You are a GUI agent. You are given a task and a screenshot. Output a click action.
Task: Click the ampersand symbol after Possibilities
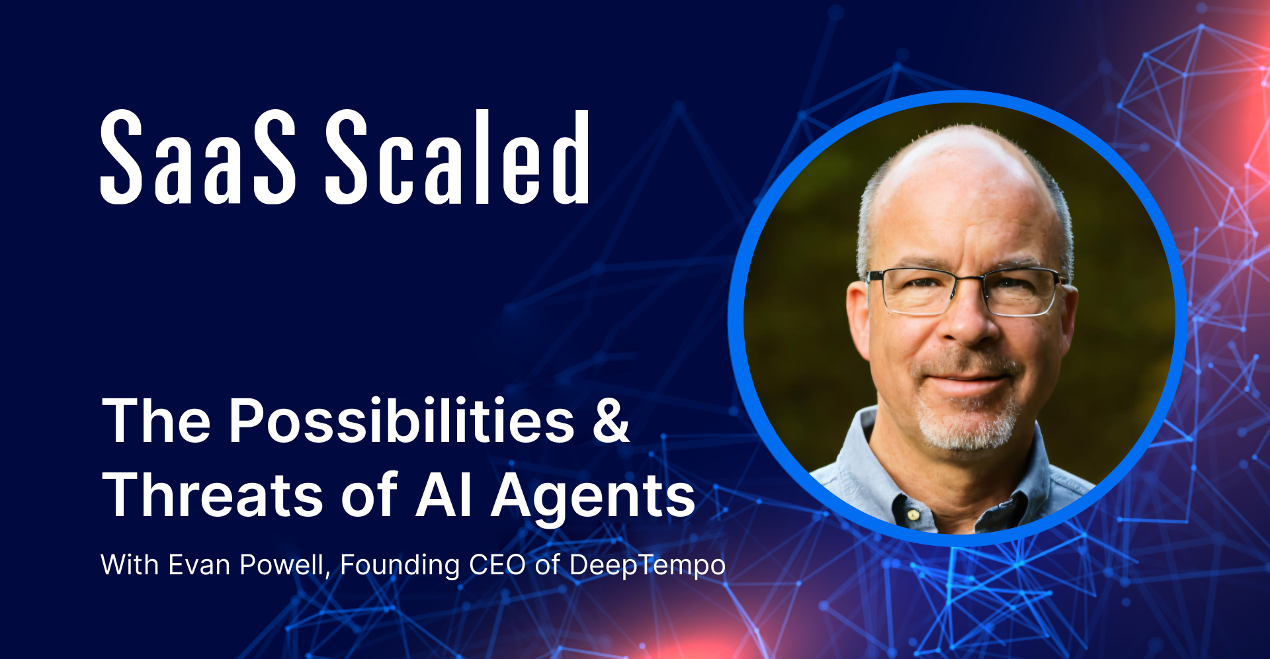(x=610, y=421)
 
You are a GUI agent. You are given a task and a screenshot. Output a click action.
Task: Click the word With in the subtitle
(x=130, y=565)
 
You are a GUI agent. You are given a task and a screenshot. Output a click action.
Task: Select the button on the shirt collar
(x=913, y=514)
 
